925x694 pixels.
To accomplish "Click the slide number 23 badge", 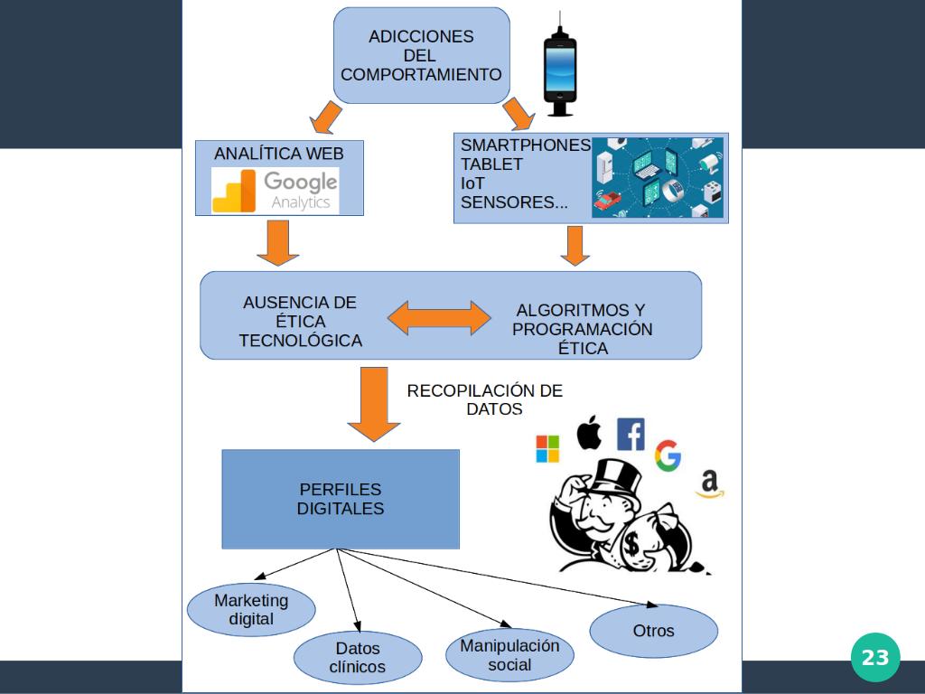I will [x=874, y=658].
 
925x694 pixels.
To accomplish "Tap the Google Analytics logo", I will [x=276, y=191].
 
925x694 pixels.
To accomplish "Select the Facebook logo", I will [x=631, y=435].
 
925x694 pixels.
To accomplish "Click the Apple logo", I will [x=589, y=433].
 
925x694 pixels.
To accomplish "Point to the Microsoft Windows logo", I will [x=547, y=449].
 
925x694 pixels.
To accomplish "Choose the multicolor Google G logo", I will [x=668, y=455].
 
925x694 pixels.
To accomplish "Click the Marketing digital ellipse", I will [x=251, y=610].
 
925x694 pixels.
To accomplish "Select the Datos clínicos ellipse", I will [x=358, y=658].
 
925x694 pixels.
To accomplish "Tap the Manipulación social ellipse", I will [x=509, y=655].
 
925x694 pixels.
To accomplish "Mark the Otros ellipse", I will [x=653, y=631].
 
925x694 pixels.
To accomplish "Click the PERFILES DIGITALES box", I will [x=341, y=499].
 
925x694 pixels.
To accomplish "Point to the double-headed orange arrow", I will [x=439, y=318].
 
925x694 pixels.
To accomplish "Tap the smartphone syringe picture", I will [x=560, y=68].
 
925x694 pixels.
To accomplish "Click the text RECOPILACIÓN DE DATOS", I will [x=485, y=399].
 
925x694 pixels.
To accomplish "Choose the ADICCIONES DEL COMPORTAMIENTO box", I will [x=421, y=55].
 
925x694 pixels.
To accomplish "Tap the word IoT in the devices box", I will [x=472, y=183].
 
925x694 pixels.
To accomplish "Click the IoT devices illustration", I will [x=658, y=177].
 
